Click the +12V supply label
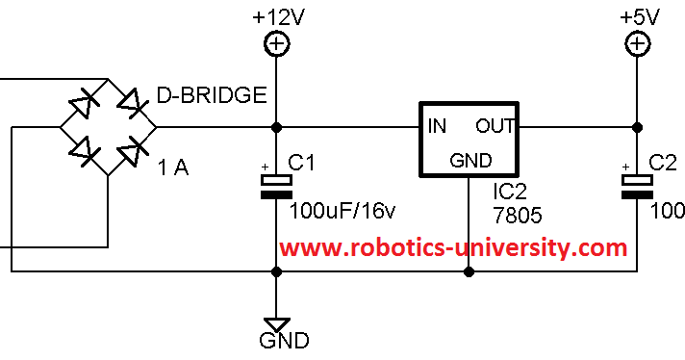(277, 15)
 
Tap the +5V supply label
(637, 15)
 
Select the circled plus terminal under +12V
(277, 43)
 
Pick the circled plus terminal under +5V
(637, 43)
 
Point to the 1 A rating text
(173, 168)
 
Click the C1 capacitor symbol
(277, 187)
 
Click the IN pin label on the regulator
(437, 126)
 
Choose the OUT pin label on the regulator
(495, 126)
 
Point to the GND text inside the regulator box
(470, 160)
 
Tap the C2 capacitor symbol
(637, 187)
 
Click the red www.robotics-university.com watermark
(453, 247)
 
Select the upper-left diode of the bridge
(83, 100)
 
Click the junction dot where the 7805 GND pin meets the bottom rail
(469, 272)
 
